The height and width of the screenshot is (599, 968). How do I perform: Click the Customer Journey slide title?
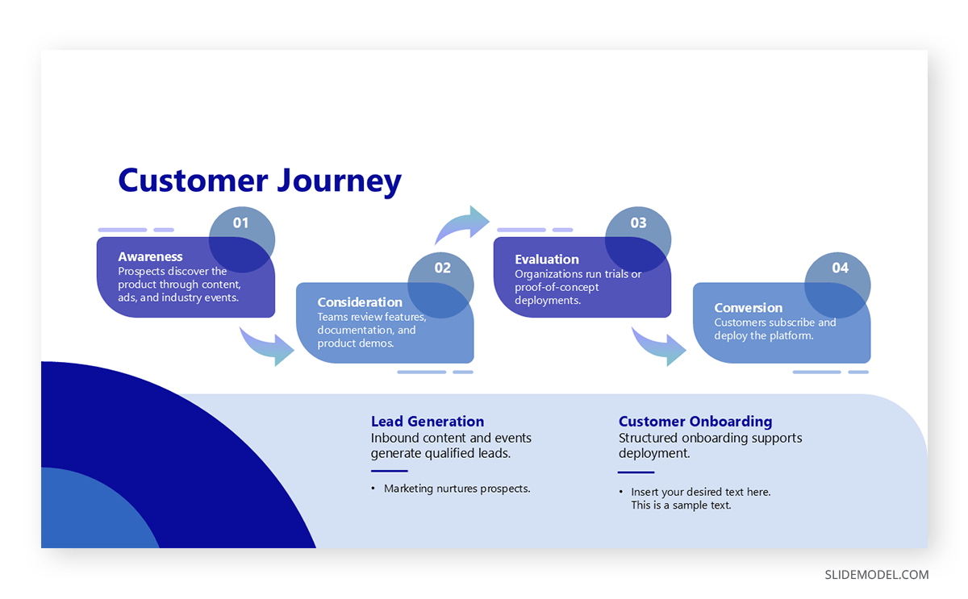(259, 181)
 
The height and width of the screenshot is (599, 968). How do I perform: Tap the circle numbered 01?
(242, 239)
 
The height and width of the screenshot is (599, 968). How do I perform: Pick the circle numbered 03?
(638, 239)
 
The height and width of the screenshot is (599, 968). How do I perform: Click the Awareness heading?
(150, 257)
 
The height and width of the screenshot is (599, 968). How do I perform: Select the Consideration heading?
(360, 302)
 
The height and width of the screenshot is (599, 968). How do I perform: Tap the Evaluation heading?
(547, 260)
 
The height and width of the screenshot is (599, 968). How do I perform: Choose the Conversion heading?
(748, 308)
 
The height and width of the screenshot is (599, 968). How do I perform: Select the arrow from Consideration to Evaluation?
(463, 225)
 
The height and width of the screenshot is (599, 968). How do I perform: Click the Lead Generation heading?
(428, 422)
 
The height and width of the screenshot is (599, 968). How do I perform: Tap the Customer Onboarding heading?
(695, 422)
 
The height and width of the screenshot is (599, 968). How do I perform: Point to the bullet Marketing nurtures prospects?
(457, 489)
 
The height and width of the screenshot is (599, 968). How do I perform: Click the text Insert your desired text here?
(700, 492)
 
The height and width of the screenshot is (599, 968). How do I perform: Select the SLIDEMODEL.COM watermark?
(876, 575)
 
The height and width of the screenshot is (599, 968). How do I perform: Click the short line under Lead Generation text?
(389, 471)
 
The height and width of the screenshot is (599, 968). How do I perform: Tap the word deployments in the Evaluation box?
(547, 301)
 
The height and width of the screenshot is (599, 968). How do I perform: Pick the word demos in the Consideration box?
(378, 343)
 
